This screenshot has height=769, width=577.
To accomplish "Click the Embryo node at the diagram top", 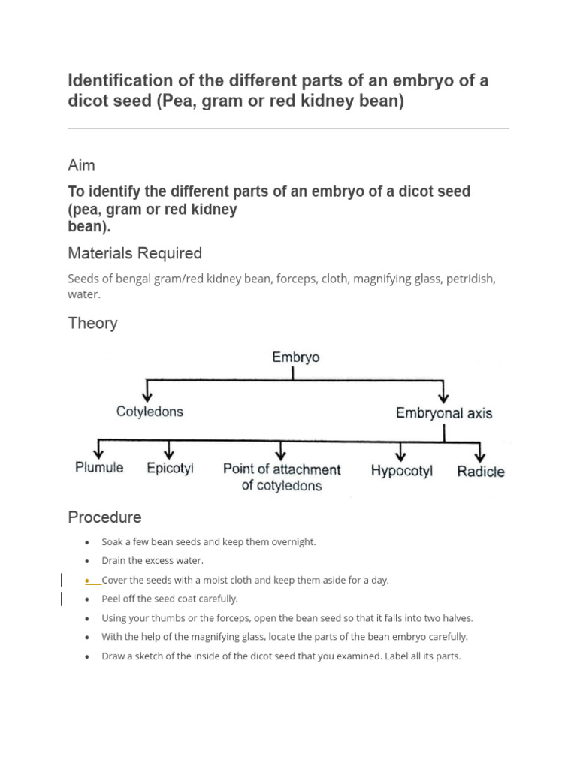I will [295, 357].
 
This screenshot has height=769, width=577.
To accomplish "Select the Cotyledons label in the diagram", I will [150, 412].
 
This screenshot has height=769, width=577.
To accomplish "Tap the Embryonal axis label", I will [444, 412].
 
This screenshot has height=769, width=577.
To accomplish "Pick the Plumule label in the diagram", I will [99, 468].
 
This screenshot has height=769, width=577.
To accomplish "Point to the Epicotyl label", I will [171, 468].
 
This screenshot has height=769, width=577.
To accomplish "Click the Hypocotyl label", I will [402, 472].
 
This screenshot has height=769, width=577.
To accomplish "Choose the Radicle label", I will [481, 472].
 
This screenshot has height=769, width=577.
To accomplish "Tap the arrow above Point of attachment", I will [280, 450].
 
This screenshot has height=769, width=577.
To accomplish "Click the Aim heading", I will [82, 165].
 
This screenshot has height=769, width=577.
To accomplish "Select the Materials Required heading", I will [134, 253].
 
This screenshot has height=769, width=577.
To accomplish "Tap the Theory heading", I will [92, 323].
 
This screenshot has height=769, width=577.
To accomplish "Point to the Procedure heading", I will [104, 517].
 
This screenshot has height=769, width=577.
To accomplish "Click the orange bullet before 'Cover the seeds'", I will [88, 580].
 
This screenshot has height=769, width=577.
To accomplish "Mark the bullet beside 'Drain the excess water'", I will [88, 561].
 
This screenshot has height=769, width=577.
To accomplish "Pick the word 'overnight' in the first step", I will [294, 541].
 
